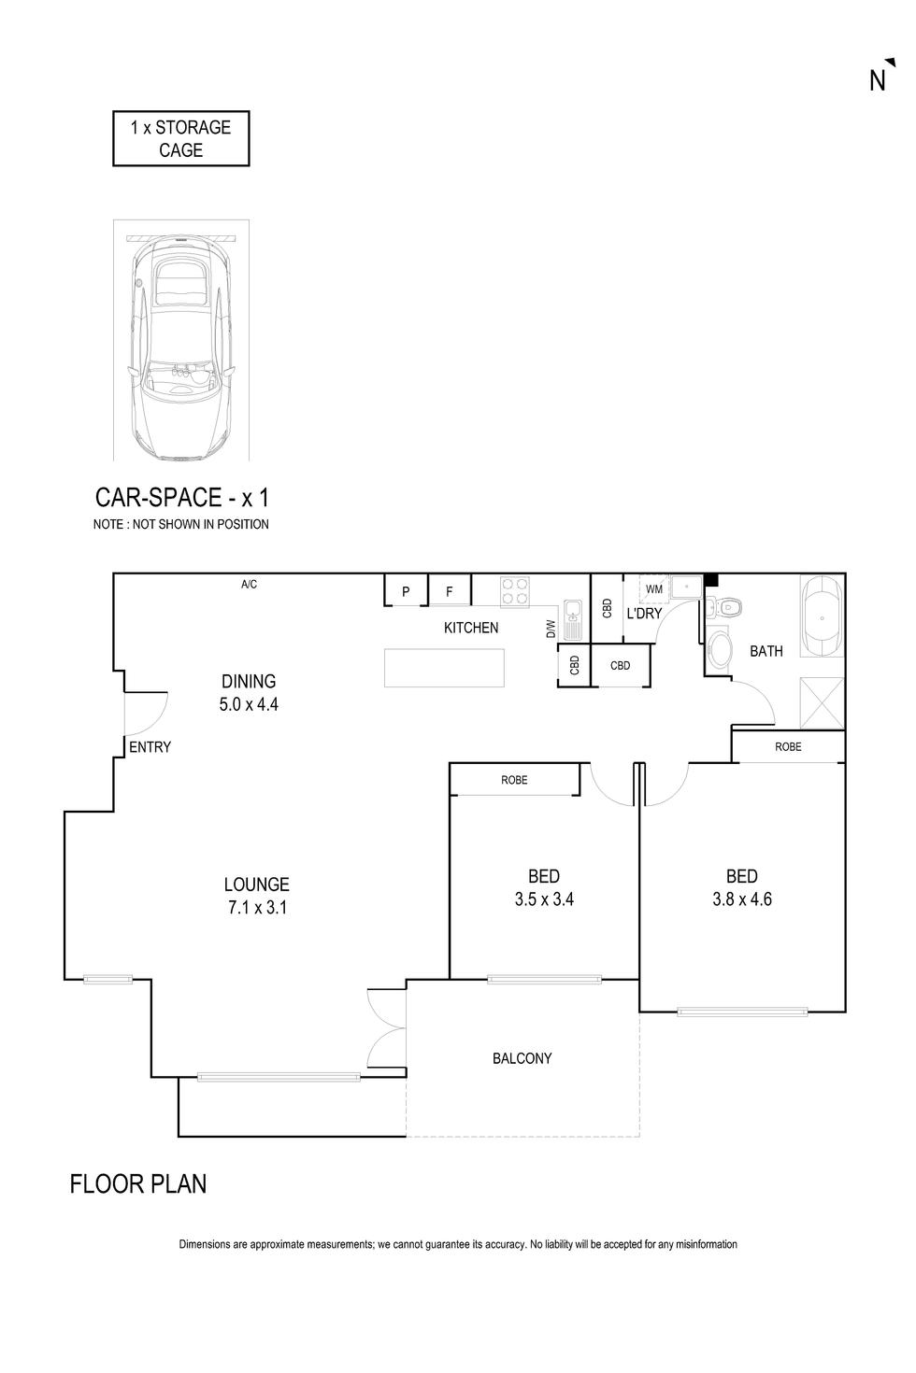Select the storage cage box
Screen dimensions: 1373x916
181,139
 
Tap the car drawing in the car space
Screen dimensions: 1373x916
181,346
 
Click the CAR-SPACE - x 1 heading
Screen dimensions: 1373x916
182,496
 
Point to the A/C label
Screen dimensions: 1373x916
249,585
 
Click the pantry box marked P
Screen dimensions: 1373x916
406,591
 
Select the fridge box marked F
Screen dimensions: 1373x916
449,591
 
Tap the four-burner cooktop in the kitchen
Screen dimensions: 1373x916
515,592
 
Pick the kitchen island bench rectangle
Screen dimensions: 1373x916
445,668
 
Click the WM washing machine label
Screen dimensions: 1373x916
653,589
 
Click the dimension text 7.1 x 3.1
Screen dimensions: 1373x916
256,906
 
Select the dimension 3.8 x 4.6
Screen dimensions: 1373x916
741,900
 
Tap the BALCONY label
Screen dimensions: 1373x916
522,1058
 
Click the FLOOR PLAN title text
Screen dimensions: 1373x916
138,1184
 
